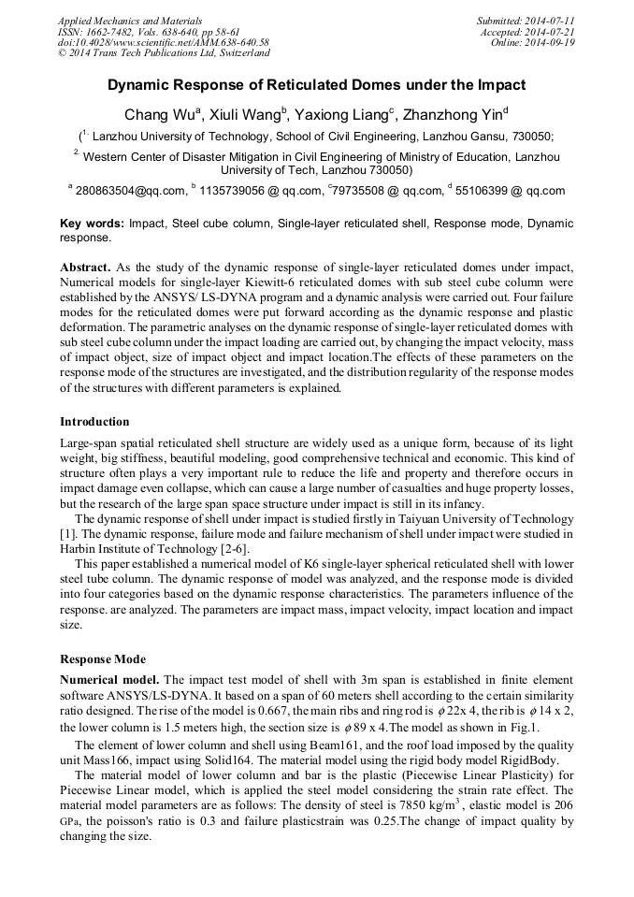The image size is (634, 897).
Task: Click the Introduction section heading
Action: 94,422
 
